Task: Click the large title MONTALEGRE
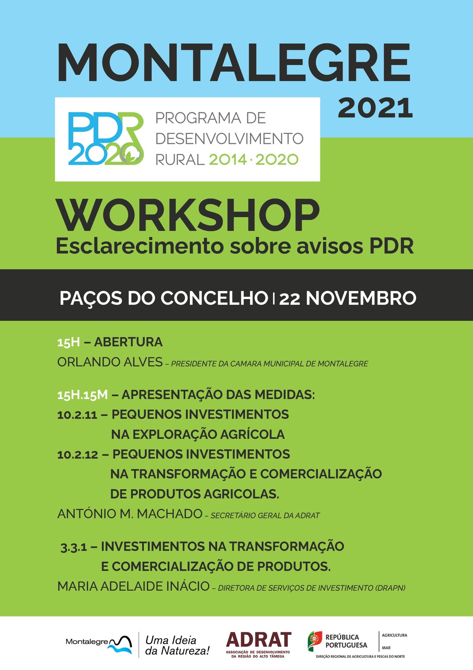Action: click(234, 62)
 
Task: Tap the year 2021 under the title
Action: click(375, 108)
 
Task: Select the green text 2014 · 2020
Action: click(254, 160)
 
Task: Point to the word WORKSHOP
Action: click(188, 215)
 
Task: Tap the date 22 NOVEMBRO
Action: click(348, 298)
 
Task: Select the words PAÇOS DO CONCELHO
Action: click(164, 298)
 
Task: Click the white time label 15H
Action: click(69, 342)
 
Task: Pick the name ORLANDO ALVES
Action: click(110, 362)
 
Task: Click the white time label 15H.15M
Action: click(82, 395)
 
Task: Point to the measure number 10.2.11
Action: click(77, 415)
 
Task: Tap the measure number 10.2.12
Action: click(78, 455)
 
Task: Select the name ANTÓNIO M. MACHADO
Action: click(130, 514)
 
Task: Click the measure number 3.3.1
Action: click(74, 547)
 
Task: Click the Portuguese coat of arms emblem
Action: click(315, 641)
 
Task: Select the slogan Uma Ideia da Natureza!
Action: click(177, 645)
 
